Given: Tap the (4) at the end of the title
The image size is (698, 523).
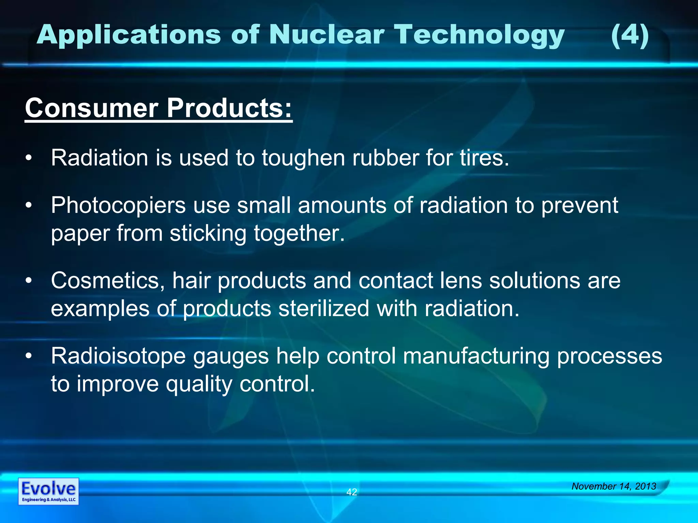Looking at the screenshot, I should pos(629,35).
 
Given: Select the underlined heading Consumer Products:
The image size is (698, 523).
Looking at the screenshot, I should pos(158,108).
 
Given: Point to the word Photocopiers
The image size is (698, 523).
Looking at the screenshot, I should pos(118,206).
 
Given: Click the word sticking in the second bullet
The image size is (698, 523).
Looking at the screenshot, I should pos(208,233).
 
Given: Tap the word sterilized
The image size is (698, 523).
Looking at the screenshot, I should pos(323,308).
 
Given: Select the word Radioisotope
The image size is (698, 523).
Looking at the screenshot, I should pos(118,356).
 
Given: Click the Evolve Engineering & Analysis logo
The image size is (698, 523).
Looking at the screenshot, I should pos(48,491).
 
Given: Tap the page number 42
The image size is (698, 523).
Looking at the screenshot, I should pos(351,492).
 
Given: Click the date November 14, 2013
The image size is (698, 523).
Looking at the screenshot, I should pos(613,486).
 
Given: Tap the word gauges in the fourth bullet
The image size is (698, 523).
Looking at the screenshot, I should pos(231,356).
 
